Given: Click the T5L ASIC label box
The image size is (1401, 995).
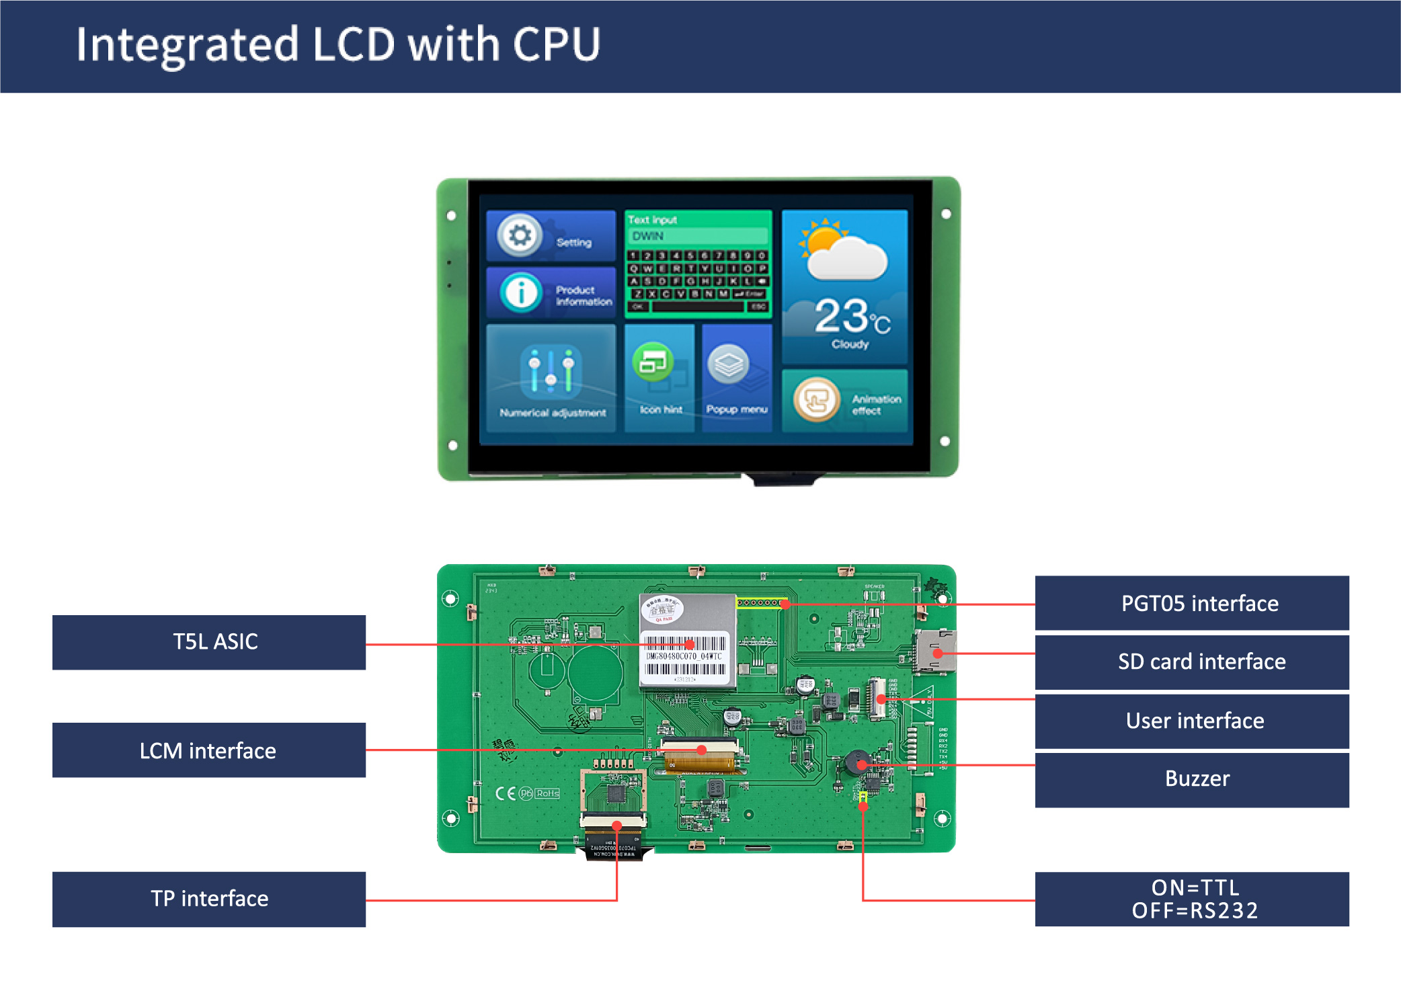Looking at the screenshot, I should tap(209, 642).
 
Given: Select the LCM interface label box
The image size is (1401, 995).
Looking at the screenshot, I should tap(209, 750).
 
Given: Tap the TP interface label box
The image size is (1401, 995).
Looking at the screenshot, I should tap(209, 899).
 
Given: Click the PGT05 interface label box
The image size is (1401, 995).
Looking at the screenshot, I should tap(1191, 603).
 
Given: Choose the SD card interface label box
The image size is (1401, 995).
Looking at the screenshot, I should tap(1191, 662).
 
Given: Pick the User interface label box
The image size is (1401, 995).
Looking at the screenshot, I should tap(1191, 721).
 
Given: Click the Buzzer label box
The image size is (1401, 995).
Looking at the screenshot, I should tap(1191, 779).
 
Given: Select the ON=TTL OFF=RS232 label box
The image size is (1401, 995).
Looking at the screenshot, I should tap(1191, 899).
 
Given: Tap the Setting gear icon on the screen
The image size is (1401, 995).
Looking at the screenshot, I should tap(519, 235).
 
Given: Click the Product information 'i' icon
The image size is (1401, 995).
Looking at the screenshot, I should tap(520, 293).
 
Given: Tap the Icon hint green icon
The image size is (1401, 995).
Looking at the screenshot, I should tap(653, 362).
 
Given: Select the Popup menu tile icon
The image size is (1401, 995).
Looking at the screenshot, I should tap(728, 364).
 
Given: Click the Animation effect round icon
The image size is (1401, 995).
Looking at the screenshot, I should tap(817, 400).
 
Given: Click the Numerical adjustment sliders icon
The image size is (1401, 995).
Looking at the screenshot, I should tap(551, 370).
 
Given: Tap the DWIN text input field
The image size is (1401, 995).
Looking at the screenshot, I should tap(698, 236).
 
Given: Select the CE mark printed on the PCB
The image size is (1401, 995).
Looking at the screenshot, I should tap(506, 793).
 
